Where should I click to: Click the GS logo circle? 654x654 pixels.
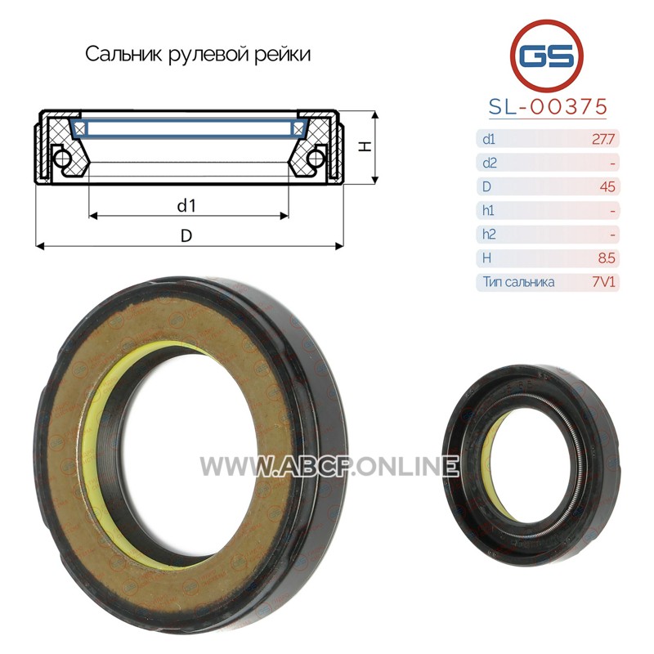[x=546, y=55]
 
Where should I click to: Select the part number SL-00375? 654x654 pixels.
[x=548, y=107]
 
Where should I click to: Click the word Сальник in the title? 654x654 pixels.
[x=123, y=54]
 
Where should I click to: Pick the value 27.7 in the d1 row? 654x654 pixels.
[x=603, y=139]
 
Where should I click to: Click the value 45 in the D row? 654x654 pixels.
[x=607, y=186]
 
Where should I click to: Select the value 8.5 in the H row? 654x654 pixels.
[x=607, y=258]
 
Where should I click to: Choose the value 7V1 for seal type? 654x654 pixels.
[x=603, y=282]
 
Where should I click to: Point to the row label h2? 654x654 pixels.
[x=489, y=234]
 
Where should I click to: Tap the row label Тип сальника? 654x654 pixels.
[x=518, y=282]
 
